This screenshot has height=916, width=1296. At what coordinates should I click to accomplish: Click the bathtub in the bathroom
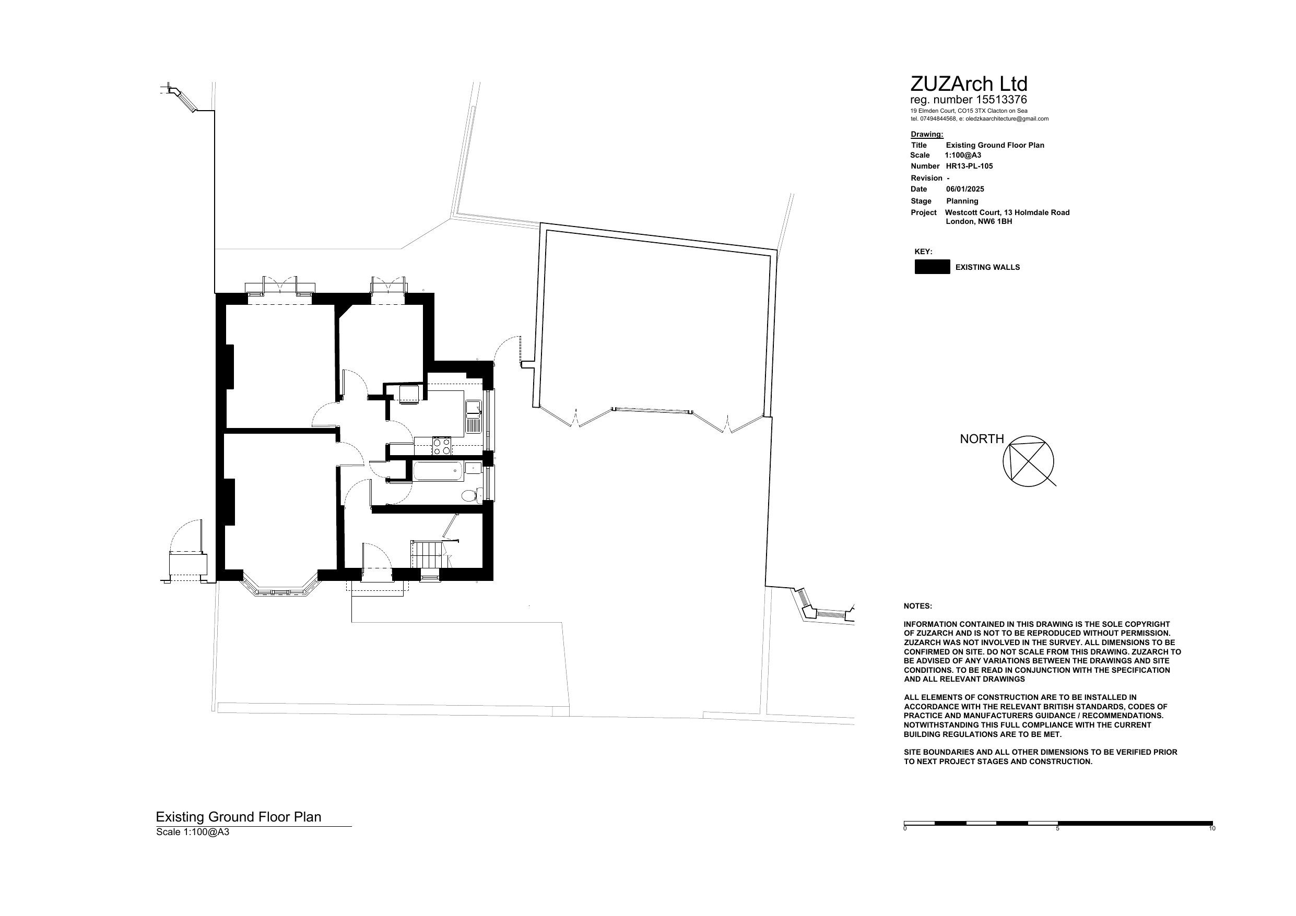pos(439,471)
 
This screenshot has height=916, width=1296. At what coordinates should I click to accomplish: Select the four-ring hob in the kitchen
pos(442,446)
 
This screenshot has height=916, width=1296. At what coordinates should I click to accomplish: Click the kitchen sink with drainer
pos(473,417)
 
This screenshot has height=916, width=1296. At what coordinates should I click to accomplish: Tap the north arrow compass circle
pos(1029,461)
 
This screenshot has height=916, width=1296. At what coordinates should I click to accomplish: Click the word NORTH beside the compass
pos(982,438)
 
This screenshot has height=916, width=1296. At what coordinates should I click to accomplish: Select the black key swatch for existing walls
pos(933,267)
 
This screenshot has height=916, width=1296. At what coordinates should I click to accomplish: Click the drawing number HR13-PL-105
pos(969,166)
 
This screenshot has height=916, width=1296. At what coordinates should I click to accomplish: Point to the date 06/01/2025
pos(965,189)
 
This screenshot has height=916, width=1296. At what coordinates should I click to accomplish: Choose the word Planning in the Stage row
pos(962,201)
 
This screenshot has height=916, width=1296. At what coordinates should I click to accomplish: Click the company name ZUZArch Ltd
pos(969,84)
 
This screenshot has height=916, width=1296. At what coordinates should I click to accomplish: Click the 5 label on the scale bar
pos(1058,828)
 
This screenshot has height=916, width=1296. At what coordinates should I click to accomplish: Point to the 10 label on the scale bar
pos(1212,828)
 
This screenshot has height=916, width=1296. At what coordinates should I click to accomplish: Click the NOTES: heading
pos(918,606)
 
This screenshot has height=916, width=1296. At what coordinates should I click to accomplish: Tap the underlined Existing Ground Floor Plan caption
pos(238,817)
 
